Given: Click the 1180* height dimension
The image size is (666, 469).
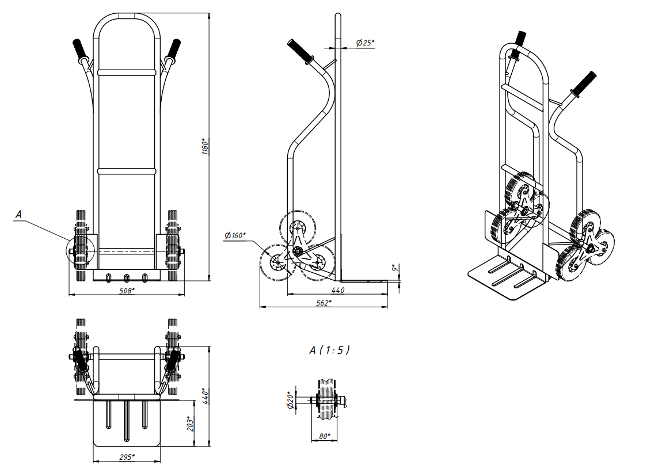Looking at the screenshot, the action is [205, 146].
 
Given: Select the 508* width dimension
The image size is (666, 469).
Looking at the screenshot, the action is [127, 291].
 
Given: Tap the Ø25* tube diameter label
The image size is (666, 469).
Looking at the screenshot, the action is [365, 43].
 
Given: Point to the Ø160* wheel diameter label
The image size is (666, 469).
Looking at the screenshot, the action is [234, 235].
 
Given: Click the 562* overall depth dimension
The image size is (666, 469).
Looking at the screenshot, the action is [324, 303].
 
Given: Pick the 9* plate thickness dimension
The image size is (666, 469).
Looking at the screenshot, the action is [394, 268].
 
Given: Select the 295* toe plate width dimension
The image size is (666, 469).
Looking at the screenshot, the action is [127, 457].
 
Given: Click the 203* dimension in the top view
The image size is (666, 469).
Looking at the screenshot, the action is [191, 424].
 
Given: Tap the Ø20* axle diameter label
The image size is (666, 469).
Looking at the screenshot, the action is [291, 400].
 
